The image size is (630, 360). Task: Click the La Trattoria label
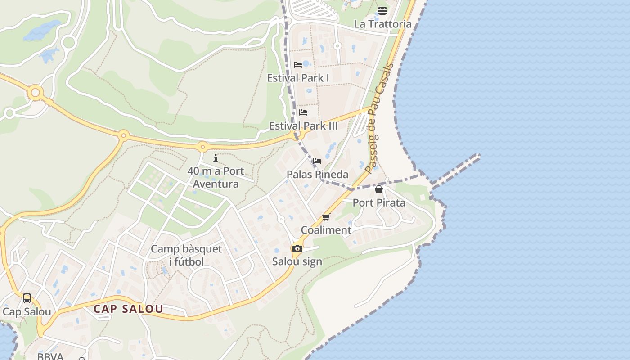coord(382,24)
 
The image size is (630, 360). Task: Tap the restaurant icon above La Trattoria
coord(382,10)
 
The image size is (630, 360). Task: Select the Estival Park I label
coord(298,78)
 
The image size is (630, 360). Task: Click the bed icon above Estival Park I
coord(298,65)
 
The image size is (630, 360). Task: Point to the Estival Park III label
coord(303,126)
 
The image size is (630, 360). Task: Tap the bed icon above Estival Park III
coord(303,112)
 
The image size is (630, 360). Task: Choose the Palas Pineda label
coord(318,174)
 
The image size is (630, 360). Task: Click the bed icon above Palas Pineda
coord(318,161)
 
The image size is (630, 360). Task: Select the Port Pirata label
coord(379,202)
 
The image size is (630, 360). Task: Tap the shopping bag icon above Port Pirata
coord(379,189)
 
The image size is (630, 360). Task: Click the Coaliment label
coord(326,230)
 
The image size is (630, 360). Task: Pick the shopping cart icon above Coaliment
coord(326,217)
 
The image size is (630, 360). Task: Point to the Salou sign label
coord(297,261)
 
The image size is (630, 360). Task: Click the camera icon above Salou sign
coord(297,248)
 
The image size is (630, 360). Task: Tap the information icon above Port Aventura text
coord(216,158)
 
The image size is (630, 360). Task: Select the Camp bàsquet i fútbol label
coord(186,255)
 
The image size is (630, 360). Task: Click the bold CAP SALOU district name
coord(128,309)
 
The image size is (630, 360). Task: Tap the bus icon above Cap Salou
coord(27,298)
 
